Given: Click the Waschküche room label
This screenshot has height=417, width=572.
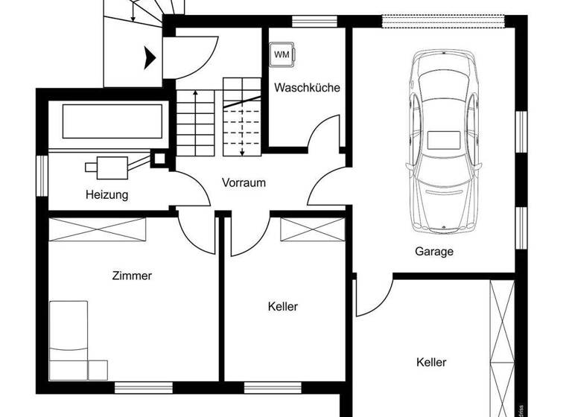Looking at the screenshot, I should point(307,88).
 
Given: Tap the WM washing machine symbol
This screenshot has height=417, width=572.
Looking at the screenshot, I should point(281,54).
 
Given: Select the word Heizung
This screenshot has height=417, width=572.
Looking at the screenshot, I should point(107,195).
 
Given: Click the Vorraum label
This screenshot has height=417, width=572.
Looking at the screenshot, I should point(244,182).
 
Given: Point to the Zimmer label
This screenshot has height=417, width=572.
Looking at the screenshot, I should point(132,276).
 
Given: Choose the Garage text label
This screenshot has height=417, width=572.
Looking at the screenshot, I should point(433,252).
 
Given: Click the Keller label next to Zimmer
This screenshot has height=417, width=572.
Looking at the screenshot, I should point(282,306).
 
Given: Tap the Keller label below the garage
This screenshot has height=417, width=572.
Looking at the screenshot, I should point(431,363).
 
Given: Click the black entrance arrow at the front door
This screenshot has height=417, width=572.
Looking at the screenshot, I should point(149,55).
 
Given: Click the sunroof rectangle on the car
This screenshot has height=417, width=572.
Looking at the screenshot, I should point(442,141).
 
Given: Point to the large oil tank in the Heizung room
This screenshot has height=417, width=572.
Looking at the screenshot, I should point(112,121).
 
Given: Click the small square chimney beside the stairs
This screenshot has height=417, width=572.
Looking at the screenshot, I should point(159,158).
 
